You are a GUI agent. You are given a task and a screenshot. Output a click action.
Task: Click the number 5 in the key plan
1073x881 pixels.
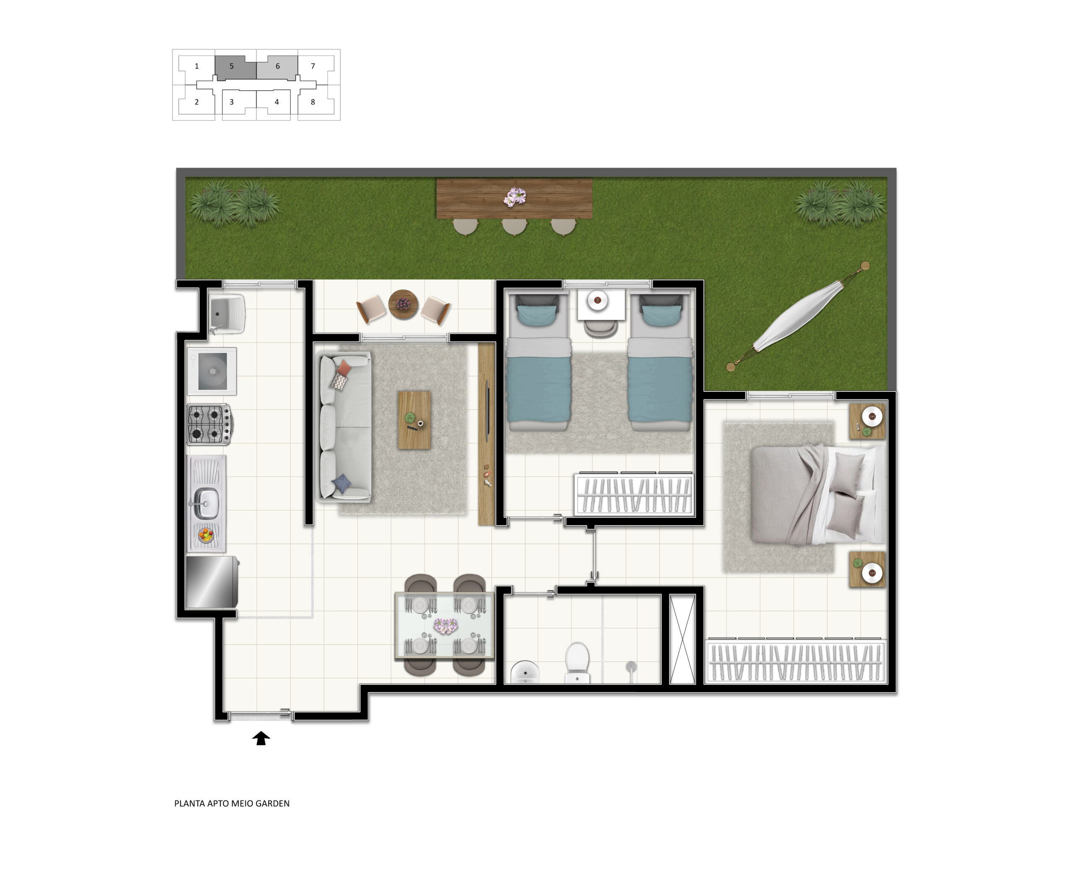[231, 66]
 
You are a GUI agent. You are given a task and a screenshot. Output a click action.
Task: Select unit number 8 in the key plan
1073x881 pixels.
[313, 102]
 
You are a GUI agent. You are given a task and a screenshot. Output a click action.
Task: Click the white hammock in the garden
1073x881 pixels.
[798, 315]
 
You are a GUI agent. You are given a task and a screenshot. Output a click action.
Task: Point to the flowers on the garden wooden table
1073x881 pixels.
[515, 197]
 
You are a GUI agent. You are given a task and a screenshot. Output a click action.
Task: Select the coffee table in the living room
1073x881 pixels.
[414, 420]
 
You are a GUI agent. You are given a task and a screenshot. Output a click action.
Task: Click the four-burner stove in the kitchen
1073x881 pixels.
[210, 424]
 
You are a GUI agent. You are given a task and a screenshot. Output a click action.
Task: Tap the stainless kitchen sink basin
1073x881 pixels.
[206, 502]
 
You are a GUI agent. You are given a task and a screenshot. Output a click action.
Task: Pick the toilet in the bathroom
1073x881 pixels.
[577, 662]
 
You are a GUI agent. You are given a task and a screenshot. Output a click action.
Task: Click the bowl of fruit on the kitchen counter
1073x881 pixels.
[205, 535]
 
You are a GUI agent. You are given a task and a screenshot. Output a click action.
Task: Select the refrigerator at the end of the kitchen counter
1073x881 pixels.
[212, 582]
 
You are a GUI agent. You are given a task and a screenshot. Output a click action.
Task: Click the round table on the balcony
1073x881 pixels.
[403, 304]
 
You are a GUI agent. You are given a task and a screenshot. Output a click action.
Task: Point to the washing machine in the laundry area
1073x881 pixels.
[212, 371]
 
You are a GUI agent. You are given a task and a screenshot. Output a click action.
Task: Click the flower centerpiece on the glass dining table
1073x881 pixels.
[446, 626]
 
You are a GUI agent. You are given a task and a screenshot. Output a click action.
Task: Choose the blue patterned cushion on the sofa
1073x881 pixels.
[341, 483]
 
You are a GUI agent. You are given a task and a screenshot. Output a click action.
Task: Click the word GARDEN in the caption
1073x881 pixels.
[272, 803]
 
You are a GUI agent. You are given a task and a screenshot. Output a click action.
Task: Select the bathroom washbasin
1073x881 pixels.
[525, 672]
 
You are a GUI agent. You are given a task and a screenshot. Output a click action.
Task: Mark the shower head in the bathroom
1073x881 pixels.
[630, 667]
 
